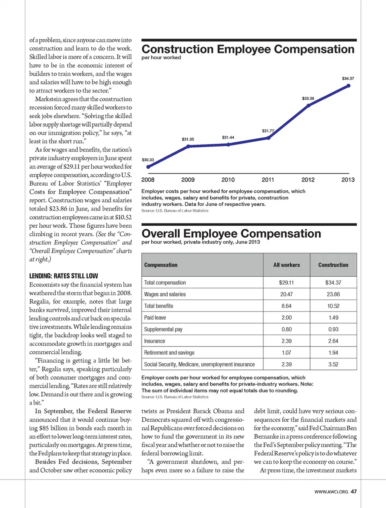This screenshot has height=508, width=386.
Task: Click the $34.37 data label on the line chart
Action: tap(348, 79)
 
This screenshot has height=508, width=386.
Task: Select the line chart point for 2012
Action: tap(308, 106)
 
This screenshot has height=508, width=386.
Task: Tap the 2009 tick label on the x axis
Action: tap(188, 180)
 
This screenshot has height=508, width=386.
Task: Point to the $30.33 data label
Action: tap(148, 160)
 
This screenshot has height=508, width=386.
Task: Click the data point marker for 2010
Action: tap(228, 144)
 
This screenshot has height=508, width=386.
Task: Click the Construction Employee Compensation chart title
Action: tap(248, 49)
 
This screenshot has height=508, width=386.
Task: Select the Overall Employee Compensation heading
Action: tap(231, 234)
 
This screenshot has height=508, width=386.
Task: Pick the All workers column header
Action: tap(286, 265)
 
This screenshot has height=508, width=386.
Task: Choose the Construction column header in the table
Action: tap(333, 265)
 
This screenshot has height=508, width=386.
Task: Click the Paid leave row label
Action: tap(155, 318)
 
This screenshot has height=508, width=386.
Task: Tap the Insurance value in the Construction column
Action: tap(333, 341)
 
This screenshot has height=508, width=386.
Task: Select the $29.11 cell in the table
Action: tap(286, 283)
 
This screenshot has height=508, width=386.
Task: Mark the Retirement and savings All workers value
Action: tap(286, 353)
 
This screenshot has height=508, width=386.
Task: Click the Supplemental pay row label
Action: tap(163, 329)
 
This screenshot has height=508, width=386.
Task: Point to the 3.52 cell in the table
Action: tap(333, 364)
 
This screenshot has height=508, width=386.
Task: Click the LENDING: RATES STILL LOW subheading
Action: tap(64, 276)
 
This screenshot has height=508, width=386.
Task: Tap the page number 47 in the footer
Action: tap(353, 492)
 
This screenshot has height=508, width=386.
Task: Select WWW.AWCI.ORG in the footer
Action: tap(331, 492)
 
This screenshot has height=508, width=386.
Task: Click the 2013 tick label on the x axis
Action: tap(348, 180)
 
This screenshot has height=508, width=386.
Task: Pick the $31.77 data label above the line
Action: tap(268, 131)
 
